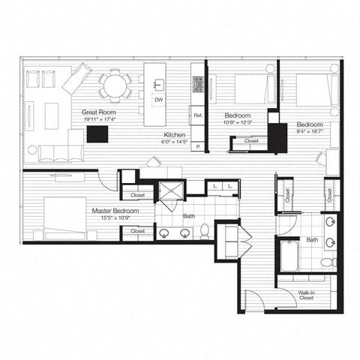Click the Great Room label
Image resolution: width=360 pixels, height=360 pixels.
click(x=97, y=112)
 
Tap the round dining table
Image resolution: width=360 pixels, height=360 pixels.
click(x=115, y=85)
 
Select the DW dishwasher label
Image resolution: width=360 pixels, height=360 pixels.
click(x=158, y=100)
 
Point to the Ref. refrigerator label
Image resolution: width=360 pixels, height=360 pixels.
click(x=198, y=115)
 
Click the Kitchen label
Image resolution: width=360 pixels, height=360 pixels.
click(x=175, y=133)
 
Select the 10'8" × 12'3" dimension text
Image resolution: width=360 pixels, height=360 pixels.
click(x=241, y=123)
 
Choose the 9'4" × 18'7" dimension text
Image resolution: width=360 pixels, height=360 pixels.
click(x=308, y=131)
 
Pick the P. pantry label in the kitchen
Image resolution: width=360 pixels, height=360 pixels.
click(x=198, y=147)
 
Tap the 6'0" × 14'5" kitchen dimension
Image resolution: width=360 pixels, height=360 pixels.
click(x=175, y=142)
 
